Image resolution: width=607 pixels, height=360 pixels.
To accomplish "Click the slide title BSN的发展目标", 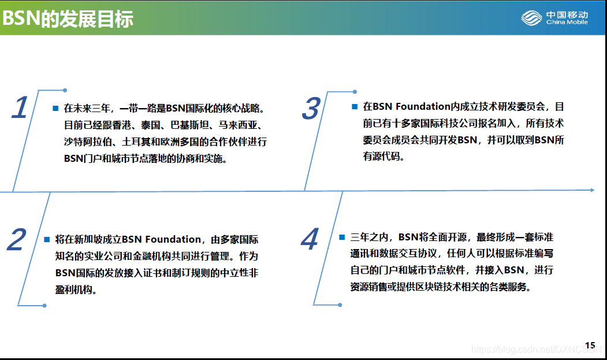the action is click(x=68, y=18).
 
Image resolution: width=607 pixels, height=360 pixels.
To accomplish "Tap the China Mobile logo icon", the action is click(x=531, y=18).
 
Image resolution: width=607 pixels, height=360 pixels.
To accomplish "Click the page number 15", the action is click(x=590, y=346).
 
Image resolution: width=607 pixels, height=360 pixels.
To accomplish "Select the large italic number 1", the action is click(x=20, y=107).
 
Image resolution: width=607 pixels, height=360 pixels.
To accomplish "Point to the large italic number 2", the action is click(x=17, y=239).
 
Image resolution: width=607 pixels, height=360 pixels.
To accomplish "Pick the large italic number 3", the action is click(x=311, y=109).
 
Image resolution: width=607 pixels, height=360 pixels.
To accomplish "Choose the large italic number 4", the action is click(x=310, y=239).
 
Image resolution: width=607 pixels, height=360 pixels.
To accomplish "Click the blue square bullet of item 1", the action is click(x=55, y=108).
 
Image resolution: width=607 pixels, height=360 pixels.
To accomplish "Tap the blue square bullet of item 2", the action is click(x=47, y=239).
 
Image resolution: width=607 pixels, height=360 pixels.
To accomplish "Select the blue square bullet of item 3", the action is click(x=355, y=106).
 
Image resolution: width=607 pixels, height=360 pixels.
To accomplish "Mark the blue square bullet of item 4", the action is click(x=342, y=237).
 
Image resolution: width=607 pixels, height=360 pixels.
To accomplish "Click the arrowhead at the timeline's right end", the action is click(x=593, y=190).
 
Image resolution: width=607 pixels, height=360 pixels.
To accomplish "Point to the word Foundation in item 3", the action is click(x=423, y=106).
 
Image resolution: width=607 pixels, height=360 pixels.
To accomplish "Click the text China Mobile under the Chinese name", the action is click(x=567, y=22).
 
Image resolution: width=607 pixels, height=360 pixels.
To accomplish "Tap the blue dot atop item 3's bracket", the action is click(x=355, y=92).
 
